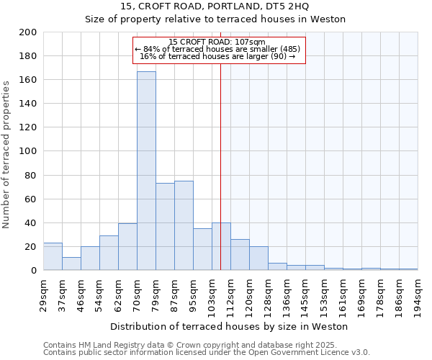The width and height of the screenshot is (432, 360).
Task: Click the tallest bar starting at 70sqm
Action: (x=146, y=171)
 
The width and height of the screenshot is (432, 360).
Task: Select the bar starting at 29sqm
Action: (x=53, y=256)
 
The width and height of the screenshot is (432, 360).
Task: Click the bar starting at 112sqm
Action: (x=240, y=255)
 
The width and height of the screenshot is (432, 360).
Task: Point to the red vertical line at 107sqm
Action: (x=220, y=166)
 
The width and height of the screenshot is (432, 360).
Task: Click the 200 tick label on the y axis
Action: (x=28, y=32)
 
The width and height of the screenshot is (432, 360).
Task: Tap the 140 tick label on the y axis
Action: (x=28, y=104)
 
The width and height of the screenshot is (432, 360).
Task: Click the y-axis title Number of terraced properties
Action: (x=6, y=154)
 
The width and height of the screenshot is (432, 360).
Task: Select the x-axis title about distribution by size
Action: (x=230, y=326)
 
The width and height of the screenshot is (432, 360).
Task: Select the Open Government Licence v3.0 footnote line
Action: (x=207, y=353)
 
